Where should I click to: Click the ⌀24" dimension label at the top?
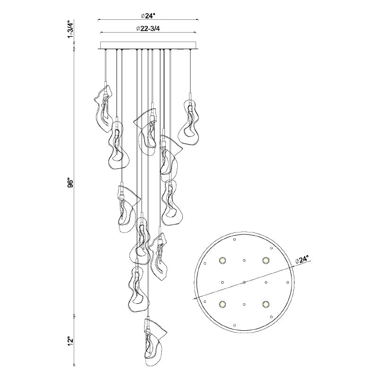(147, 16)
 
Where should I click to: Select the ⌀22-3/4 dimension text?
(148, 29)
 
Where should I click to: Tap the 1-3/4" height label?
(70, 30)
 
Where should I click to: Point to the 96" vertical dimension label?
(70, 183)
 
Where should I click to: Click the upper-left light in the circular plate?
(222, 260)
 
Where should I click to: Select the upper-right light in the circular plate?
(266, 260)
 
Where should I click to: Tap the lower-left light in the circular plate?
(222, 304)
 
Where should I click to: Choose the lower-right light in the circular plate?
(266, 304)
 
